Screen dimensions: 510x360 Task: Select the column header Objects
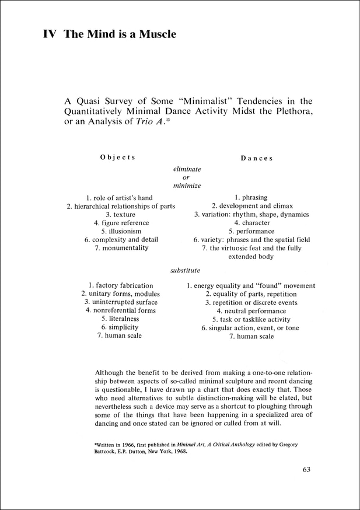[x=118, y=157]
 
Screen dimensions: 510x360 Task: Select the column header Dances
[x=256, y=158]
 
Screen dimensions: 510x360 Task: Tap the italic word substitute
[x=186, y=270]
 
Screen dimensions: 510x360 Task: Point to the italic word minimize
[x=187, y=186]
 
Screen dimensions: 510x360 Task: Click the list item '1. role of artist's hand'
[x=119, y=198]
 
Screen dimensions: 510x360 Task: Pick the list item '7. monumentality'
[x=121, y=247]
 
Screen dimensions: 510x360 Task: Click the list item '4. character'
[x=252, y=223]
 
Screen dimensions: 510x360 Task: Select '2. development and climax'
[x=252, y=206]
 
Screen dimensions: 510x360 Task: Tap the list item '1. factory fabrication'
[x=121, y=285]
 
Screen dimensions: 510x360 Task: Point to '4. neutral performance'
[x=251, y=311]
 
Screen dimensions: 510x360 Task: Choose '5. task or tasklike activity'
[x=251, y=320]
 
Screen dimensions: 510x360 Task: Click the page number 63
[x=309, y=469]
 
